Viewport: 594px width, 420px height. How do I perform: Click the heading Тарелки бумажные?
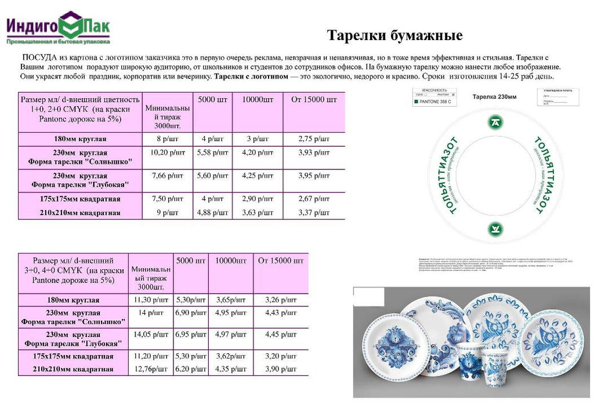point(394,36)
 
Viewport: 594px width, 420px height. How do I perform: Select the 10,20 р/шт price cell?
point(168,153)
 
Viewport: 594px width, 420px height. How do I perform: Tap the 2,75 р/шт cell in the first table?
point(313,139)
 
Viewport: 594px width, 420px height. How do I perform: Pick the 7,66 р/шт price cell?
point(168,176)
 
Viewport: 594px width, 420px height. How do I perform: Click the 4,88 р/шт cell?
point(212,212)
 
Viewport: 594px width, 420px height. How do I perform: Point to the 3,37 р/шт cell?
point(313,212)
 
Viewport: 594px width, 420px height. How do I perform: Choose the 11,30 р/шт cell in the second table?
point(151,300)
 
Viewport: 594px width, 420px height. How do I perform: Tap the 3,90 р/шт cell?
point(281,369)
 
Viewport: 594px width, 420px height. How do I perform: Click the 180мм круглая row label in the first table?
point(80,139)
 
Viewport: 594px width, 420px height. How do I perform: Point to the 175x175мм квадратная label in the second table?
point(73,356)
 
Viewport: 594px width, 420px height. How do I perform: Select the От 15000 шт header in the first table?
point(313,100)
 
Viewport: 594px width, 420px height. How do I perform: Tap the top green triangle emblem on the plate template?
point(496,122)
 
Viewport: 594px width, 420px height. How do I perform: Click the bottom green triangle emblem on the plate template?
point(496,227)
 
